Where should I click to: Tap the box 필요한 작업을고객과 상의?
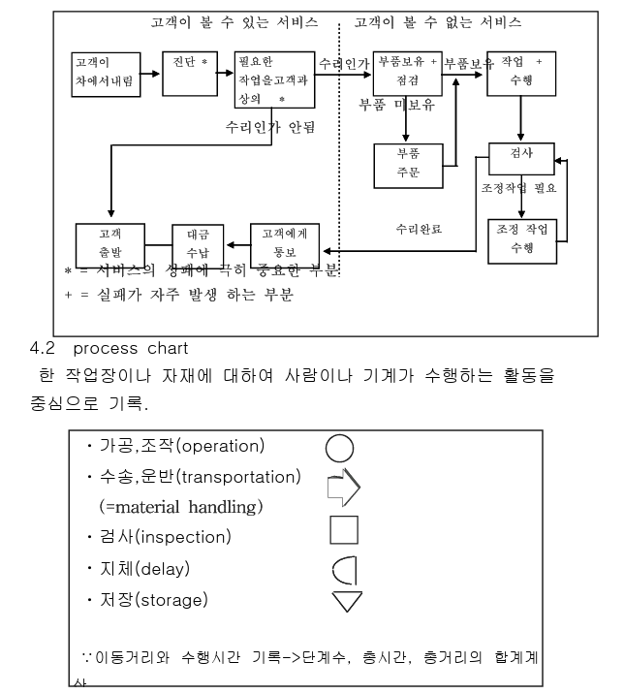[275, 79]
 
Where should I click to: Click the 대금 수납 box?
[198, 245]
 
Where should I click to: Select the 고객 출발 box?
[109, 245]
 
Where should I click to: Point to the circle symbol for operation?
[339, 448]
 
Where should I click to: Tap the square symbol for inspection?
[344, 530]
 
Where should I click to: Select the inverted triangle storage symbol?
[346, 602]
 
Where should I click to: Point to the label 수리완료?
[419, 230]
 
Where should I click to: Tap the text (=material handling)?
[180, 506]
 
